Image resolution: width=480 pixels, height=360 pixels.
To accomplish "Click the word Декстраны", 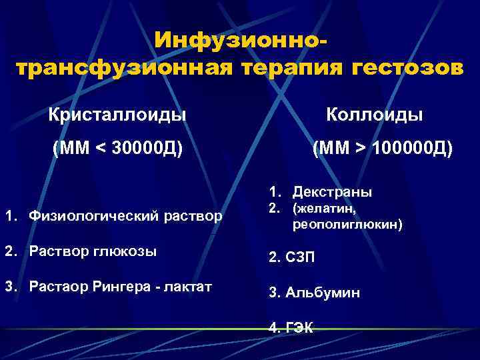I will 332,192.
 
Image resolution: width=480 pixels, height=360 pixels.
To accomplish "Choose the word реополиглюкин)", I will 347,225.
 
